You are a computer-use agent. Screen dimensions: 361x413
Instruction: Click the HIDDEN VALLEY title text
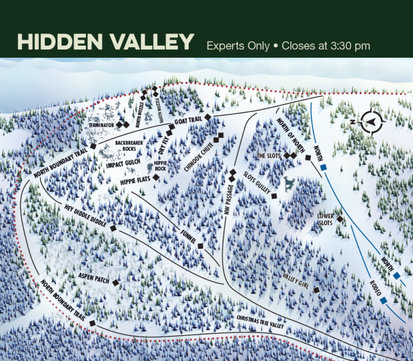[105, 43]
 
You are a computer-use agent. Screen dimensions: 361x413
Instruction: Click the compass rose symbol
[370, 121]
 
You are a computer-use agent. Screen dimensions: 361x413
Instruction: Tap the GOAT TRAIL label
[188, 122]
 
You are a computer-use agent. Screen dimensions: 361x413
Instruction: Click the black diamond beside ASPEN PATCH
[115, 282]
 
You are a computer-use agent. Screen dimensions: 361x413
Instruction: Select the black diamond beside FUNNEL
[200, 246]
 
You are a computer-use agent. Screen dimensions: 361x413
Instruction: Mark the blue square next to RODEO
[384, 300]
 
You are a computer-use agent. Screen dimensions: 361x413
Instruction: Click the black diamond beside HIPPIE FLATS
[156, 177]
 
